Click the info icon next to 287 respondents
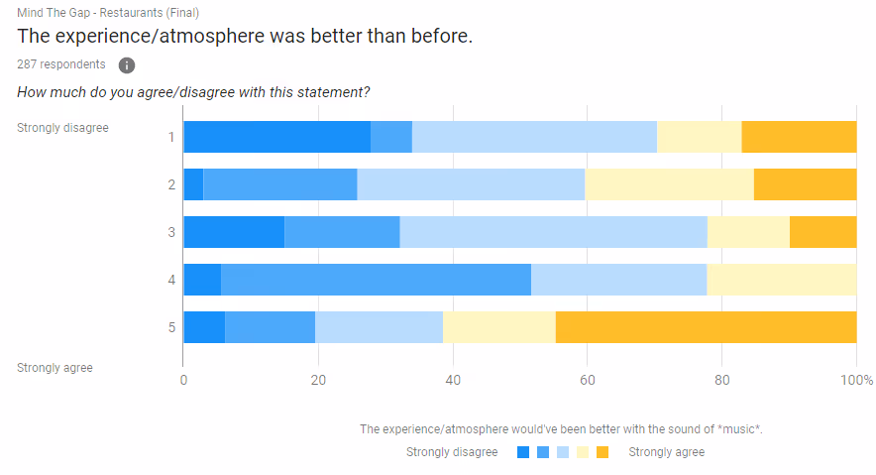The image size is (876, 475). point(127,65)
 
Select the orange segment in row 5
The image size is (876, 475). point(706,327)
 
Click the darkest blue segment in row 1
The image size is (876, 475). point(276,137)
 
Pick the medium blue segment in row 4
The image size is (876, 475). point(376,280)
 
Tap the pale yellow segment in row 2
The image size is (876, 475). point(669,184)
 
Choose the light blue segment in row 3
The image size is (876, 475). point(553,232)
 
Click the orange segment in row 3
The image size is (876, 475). point(822,232)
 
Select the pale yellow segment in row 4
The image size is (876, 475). point(781,280)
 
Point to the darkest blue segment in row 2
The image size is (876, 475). point(193,184)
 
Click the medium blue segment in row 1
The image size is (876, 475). point(391,137)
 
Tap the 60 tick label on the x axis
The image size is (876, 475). point(587,381)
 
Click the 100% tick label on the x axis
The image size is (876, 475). point(856,381)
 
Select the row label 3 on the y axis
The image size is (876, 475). point(171,232)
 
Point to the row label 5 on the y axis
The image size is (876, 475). point(171,327)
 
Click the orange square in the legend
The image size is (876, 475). point(602,453)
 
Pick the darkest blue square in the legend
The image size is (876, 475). point(523,453)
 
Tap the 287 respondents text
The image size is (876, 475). point(60,64)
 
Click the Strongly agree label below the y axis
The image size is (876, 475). point(55,368)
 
